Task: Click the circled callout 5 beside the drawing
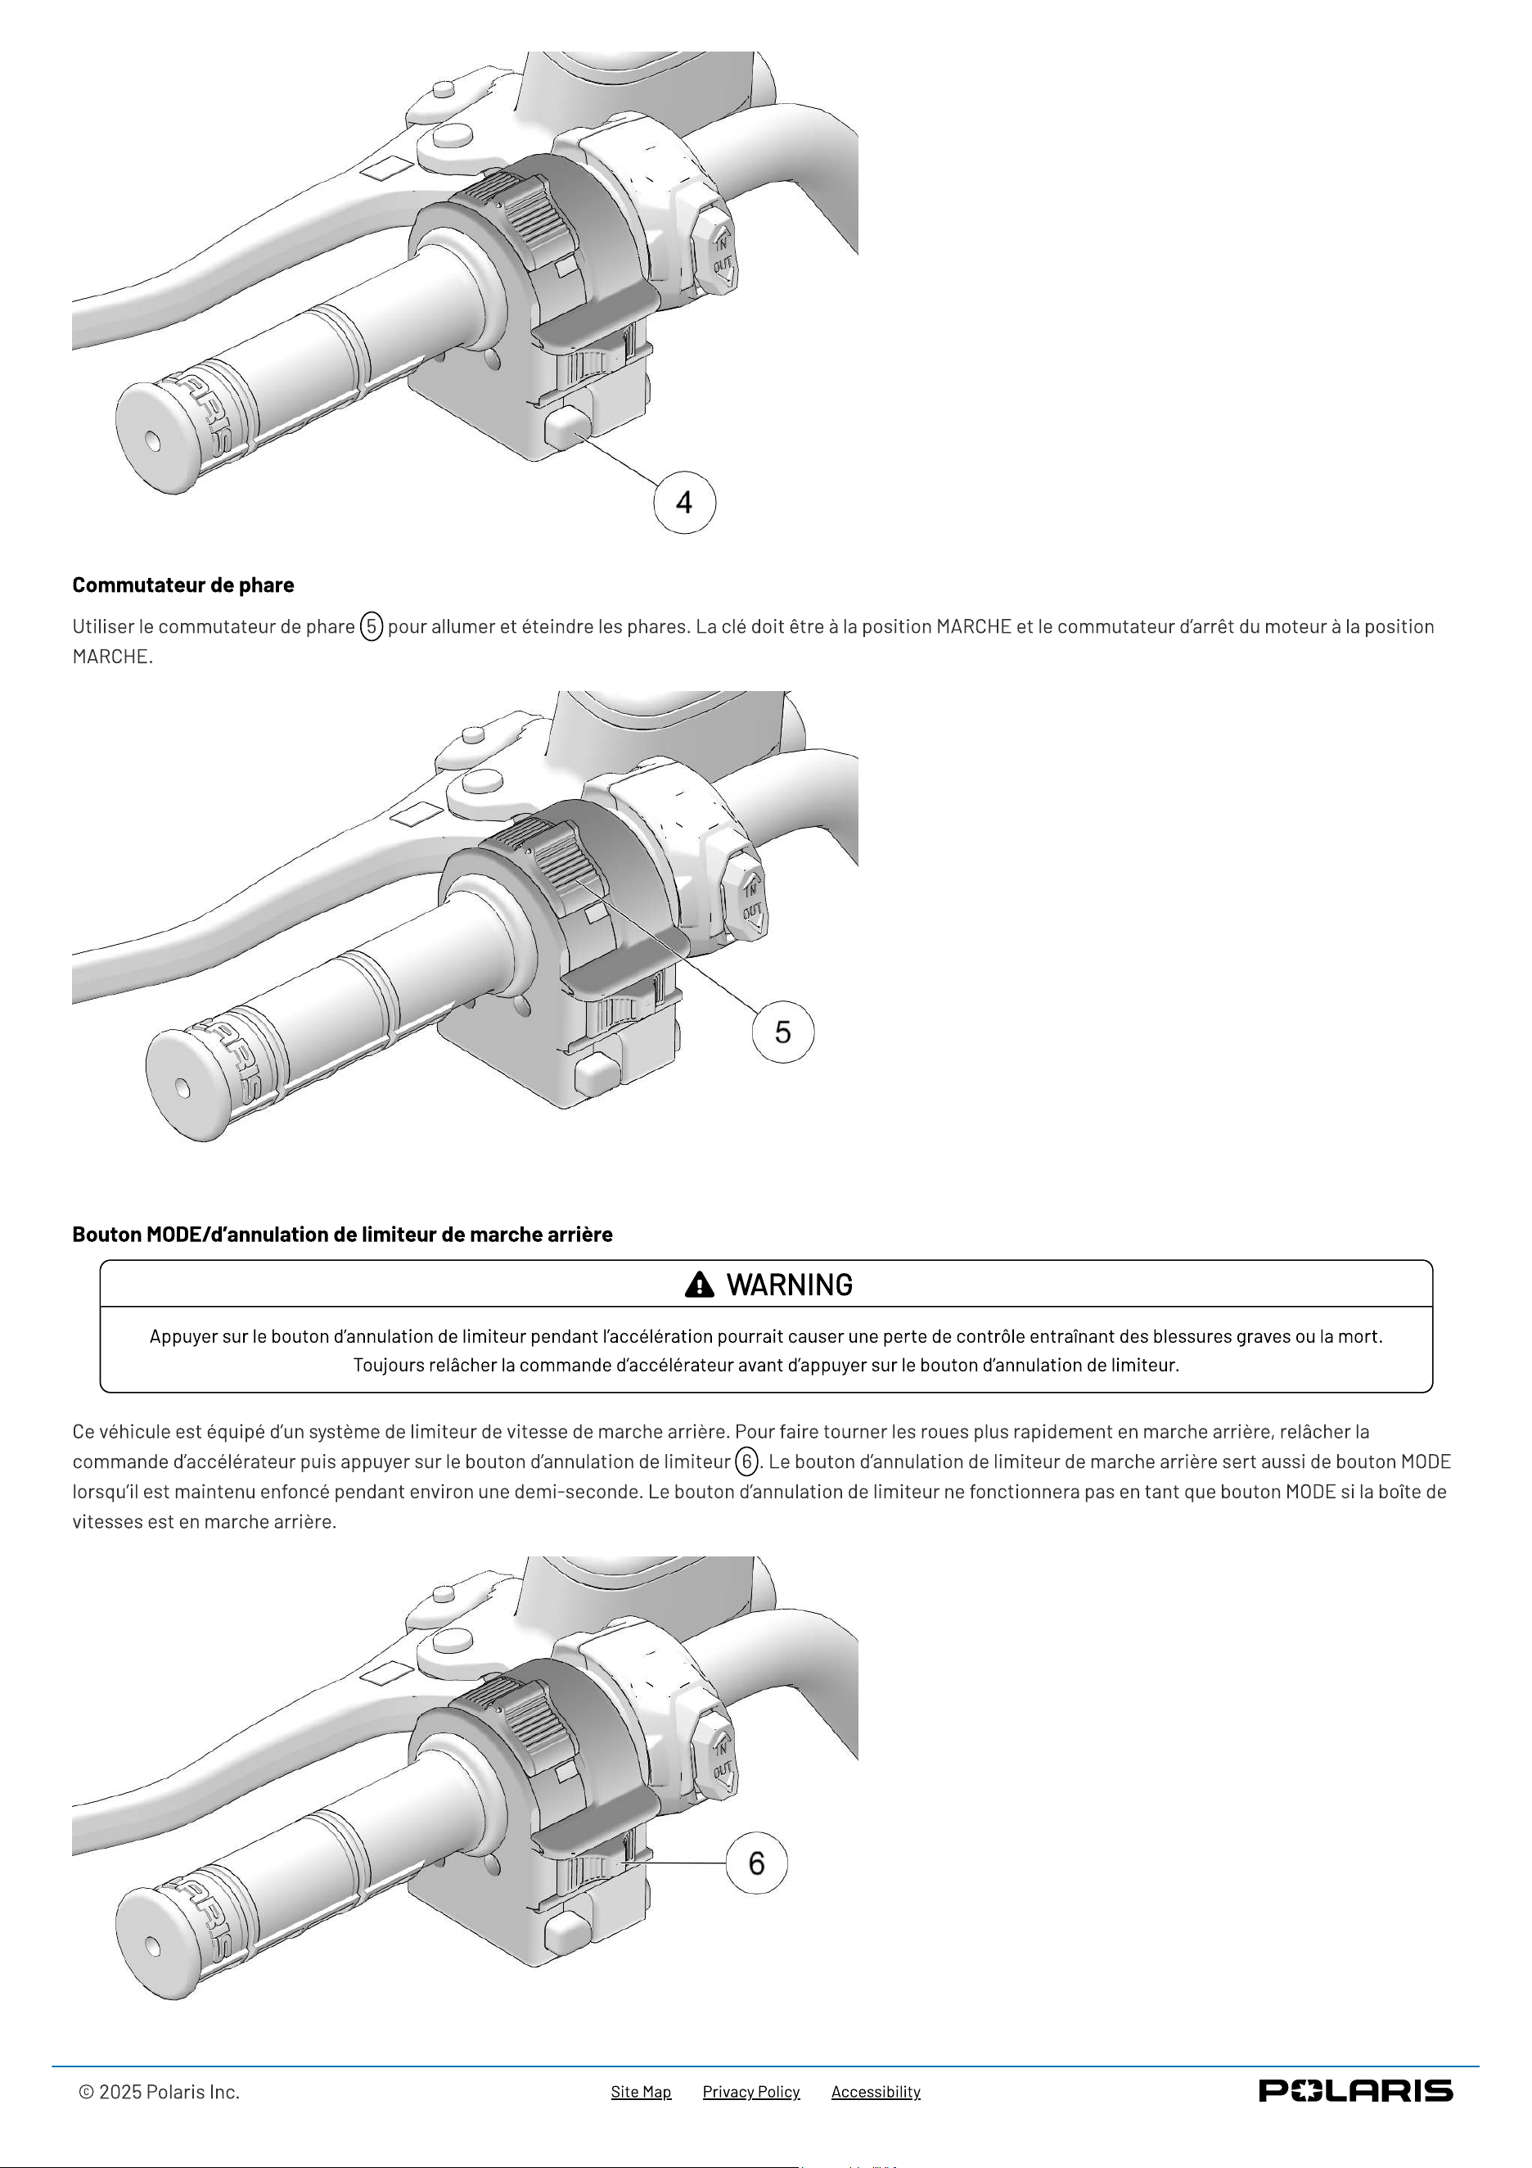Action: [x=782, y=1032]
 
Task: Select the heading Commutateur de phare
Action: [x=183, y=585]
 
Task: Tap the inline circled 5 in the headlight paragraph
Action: [x=372, y=626]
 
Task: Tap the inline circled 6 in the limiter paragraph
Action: [x=746, y=1461]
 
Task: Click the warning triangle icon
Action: [x=700, y=1285]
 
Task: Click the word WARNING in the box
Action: [x=789, y=1285]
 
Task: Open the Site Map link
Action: [x=641, y=2092]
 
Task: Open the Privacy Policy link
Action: [x=751, y=2092]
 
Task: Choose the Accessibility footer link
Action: [x=876, y=2092]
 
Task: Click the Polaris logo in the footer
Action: [x=1355, y=2090]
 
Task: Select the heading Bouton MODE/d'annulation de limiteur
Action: [x=343, y=1234]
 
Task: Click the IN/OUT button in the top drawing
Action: [x=718, y=253]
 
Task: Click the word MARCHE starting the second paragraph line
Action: [x=110, y=657]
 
